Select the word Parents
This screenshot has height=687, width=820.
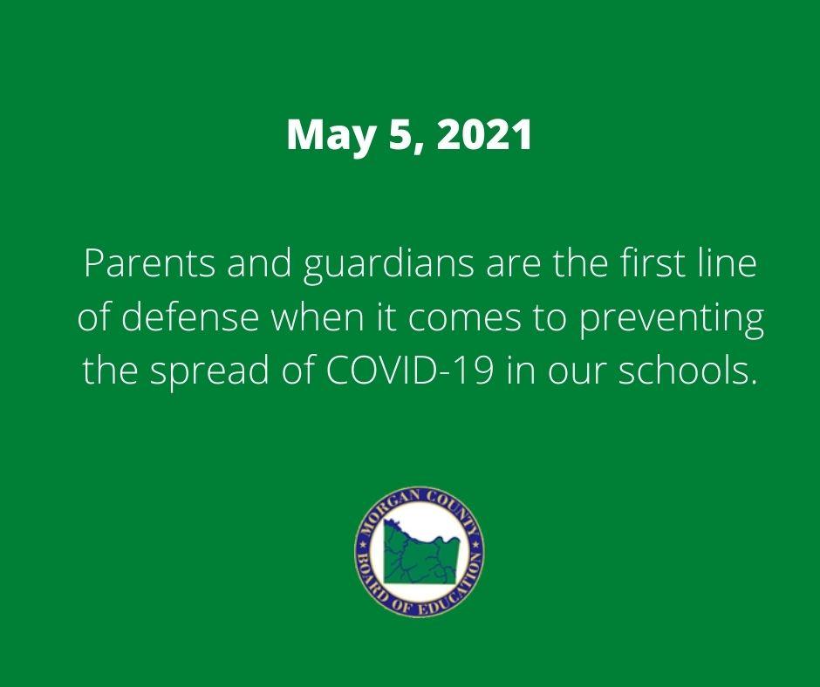148,262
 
